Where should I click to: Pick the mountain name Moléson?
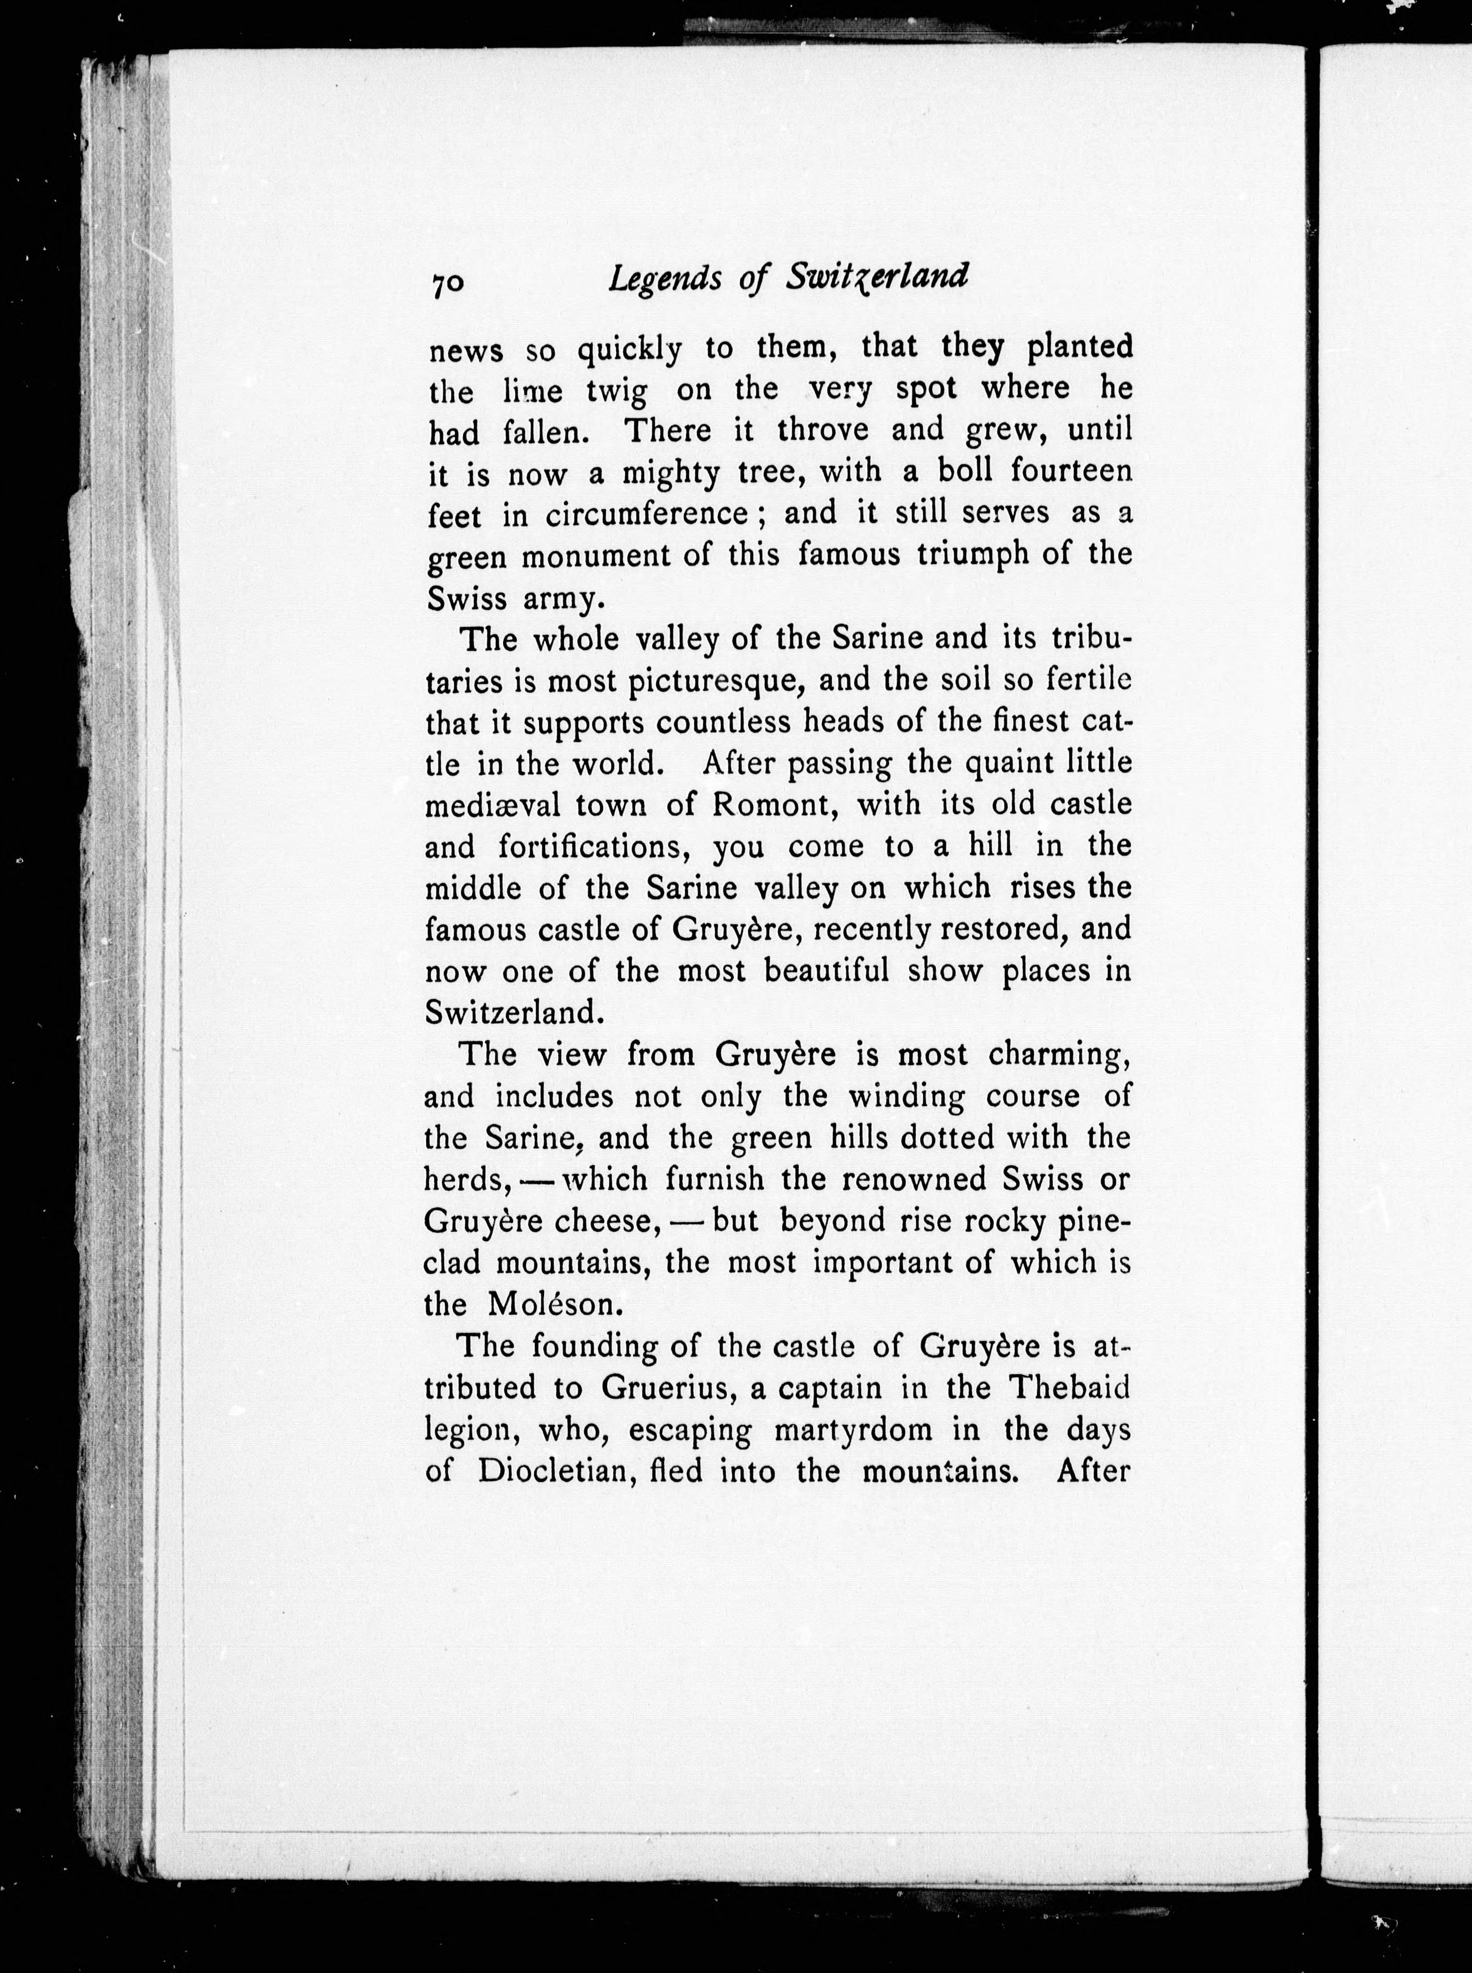click(551, 1305)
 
